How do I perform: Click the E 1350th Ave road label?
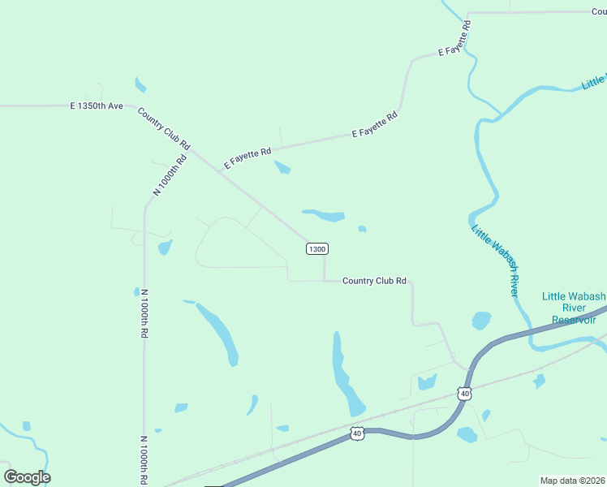tap(96, 106)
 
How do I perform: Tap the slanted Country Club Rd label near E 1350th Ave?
tap(164, 128)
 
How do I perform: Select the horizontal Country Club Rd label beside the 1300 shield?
tap(374, 281)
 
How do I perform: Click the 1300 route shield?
tap(317, 248)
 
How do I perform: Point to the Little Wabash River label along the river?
tap(495, 260)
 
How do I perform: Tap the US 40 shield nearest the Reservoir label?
tap(464, 394)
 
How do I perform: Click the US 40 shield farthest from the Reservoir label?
tap(357, 434)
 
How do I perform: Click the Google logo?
tap(27, 477)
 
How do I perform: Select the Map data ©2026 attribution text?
tap(572, 481)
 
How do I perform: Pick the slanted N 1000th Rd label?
tap(170, 174)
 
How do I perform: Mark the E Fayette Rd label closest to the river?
tap(455, 38)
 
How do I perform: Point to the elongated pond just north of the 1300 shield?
tap(325, 215)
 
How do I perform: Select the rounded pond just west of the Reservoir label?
tap(481, 321)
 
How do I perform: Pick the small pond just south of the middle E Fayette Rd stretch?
tap(282, 168)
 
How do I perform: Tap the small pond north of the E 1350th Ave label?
tap(141, 84)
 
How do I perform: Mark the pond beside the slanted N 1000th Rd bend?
tap(166, 247)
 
